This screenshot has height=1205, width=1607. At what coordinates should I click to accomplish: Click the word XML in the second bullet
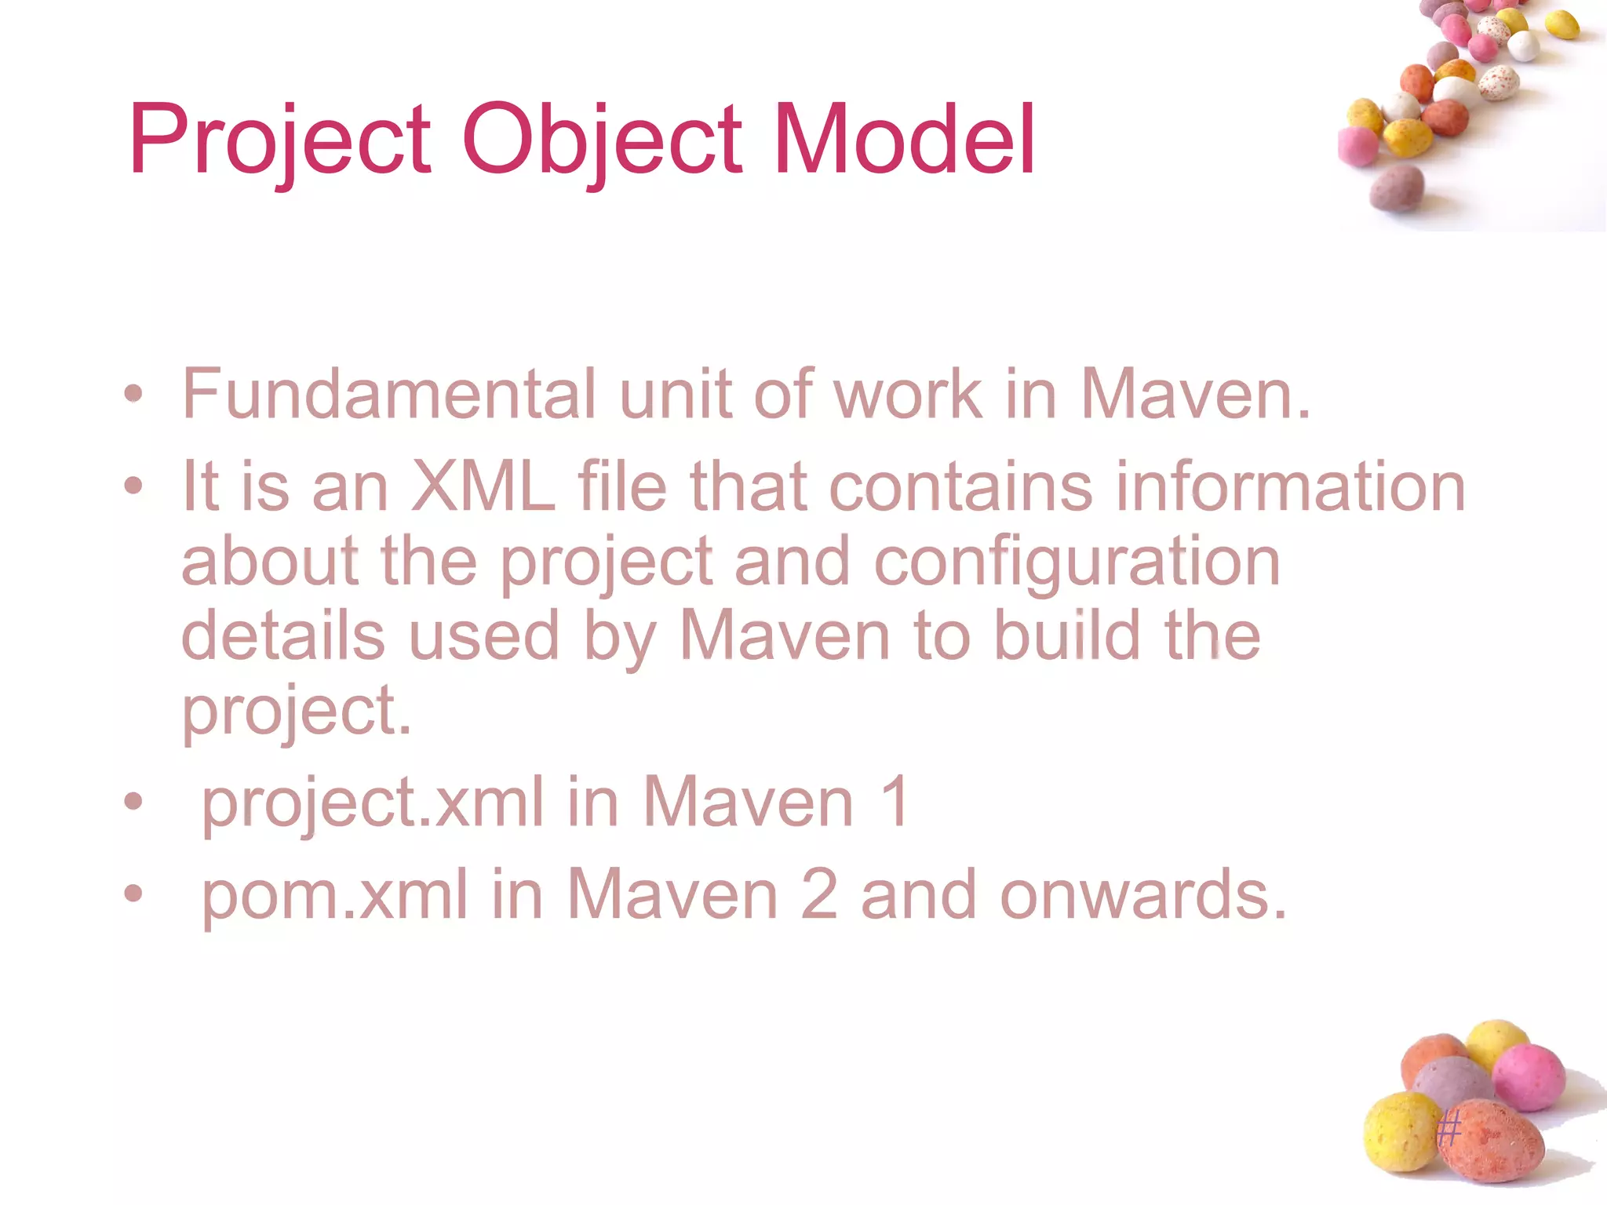(483, 486)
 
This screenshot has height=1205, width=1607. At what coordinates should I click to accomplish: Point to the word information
(1290, 486)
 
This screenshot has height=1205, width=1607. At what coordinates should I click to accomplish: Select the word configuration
(1077, 562)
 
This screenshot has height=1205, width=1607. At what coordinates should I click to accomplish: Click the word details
(283, 635)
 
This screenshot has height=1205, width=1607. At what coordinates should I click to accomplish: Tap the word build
(1067, 635)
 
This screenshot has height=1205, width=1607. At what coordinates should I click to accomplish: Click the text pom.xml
(335, 895)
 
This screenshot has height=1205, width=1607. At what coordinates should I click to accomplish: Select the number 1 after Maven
(895, 802)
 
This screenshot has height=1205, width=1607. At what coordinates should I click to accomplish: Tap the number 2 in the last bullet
(818, 895)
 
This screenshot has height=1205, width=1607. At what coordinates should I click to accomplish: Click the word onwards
(1143, 895)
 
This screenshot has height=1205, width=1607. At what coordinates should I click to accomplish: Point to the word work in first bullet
(908, 394)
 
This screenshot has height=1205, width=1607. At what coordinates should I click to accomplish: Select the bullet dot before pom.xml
(133, 893)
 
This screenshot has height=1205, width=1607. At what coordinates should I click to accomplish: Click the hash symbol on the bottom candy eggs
(1448, 1130)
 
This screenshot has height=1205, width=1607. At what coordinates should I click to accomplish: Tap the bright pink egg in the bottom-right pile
(1528, 1077)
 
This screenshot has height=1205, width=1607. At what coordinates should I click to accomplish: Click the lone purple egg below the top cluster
(1397, 187)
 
